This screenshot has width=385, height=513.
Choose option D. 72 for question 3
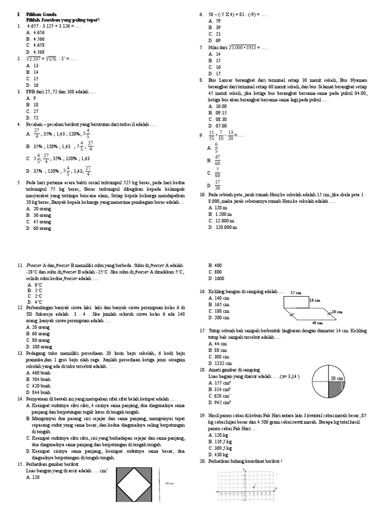[32, 118]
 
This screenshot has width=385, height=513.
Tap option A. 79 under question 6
[214, 21]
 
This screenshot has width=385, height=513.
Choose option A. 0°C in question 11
[35, 285]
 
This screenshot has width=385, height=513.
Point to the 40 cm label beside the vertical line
[169, 483]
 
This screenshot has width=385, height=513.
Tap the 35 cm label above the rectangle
[297, 293]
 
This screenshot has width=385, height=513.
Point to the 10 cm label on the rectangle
[314, 300]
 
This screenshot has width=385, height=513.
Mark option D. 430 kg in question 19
[218, 454]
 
